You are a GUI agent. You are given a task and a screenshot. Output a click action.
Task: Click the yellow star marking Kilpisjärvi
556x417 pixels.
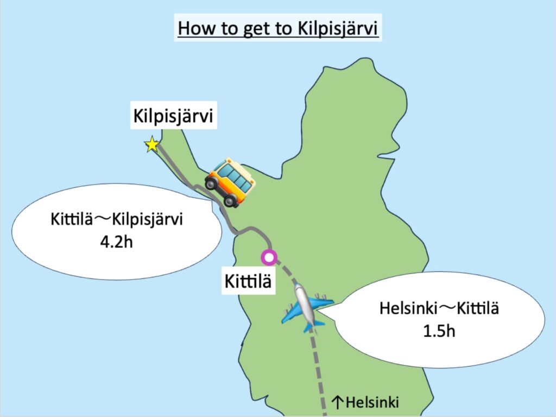tap(152, 145)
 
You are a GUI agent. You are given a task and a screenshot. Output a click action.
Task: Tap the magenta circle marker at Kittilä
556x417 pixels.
tap(268, 257)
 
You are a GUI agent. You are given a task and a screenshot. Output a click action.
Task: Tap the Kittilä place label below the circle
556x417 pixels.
tap(248, 282)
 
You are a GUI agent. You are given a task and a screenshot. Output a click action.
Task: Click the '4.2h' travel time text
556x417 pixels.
tap(116, 242)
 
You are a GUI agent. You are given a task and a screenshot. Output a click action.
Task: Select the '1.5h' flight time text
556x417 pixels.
tap(439, 330)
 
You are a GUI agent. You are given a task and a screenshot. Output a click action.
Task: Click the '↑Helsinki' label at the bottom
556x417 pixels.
tap(365, 402)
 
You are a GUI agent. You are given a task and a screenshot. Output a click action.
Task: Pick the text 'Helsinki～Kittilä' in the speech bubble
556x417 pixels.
tap(439, 309)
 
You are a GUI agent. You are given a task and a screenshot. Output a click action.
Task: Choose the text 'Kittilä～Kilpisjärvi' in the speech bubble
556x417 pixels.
tap(117, 220)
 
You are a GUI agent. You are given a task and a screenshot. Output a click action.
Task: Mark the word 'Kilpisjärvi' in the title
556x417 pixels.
tap(340, 28)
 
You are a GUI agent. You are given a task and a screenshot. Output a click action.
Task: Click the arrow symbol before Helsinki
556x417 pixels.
tap(337, 402)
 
